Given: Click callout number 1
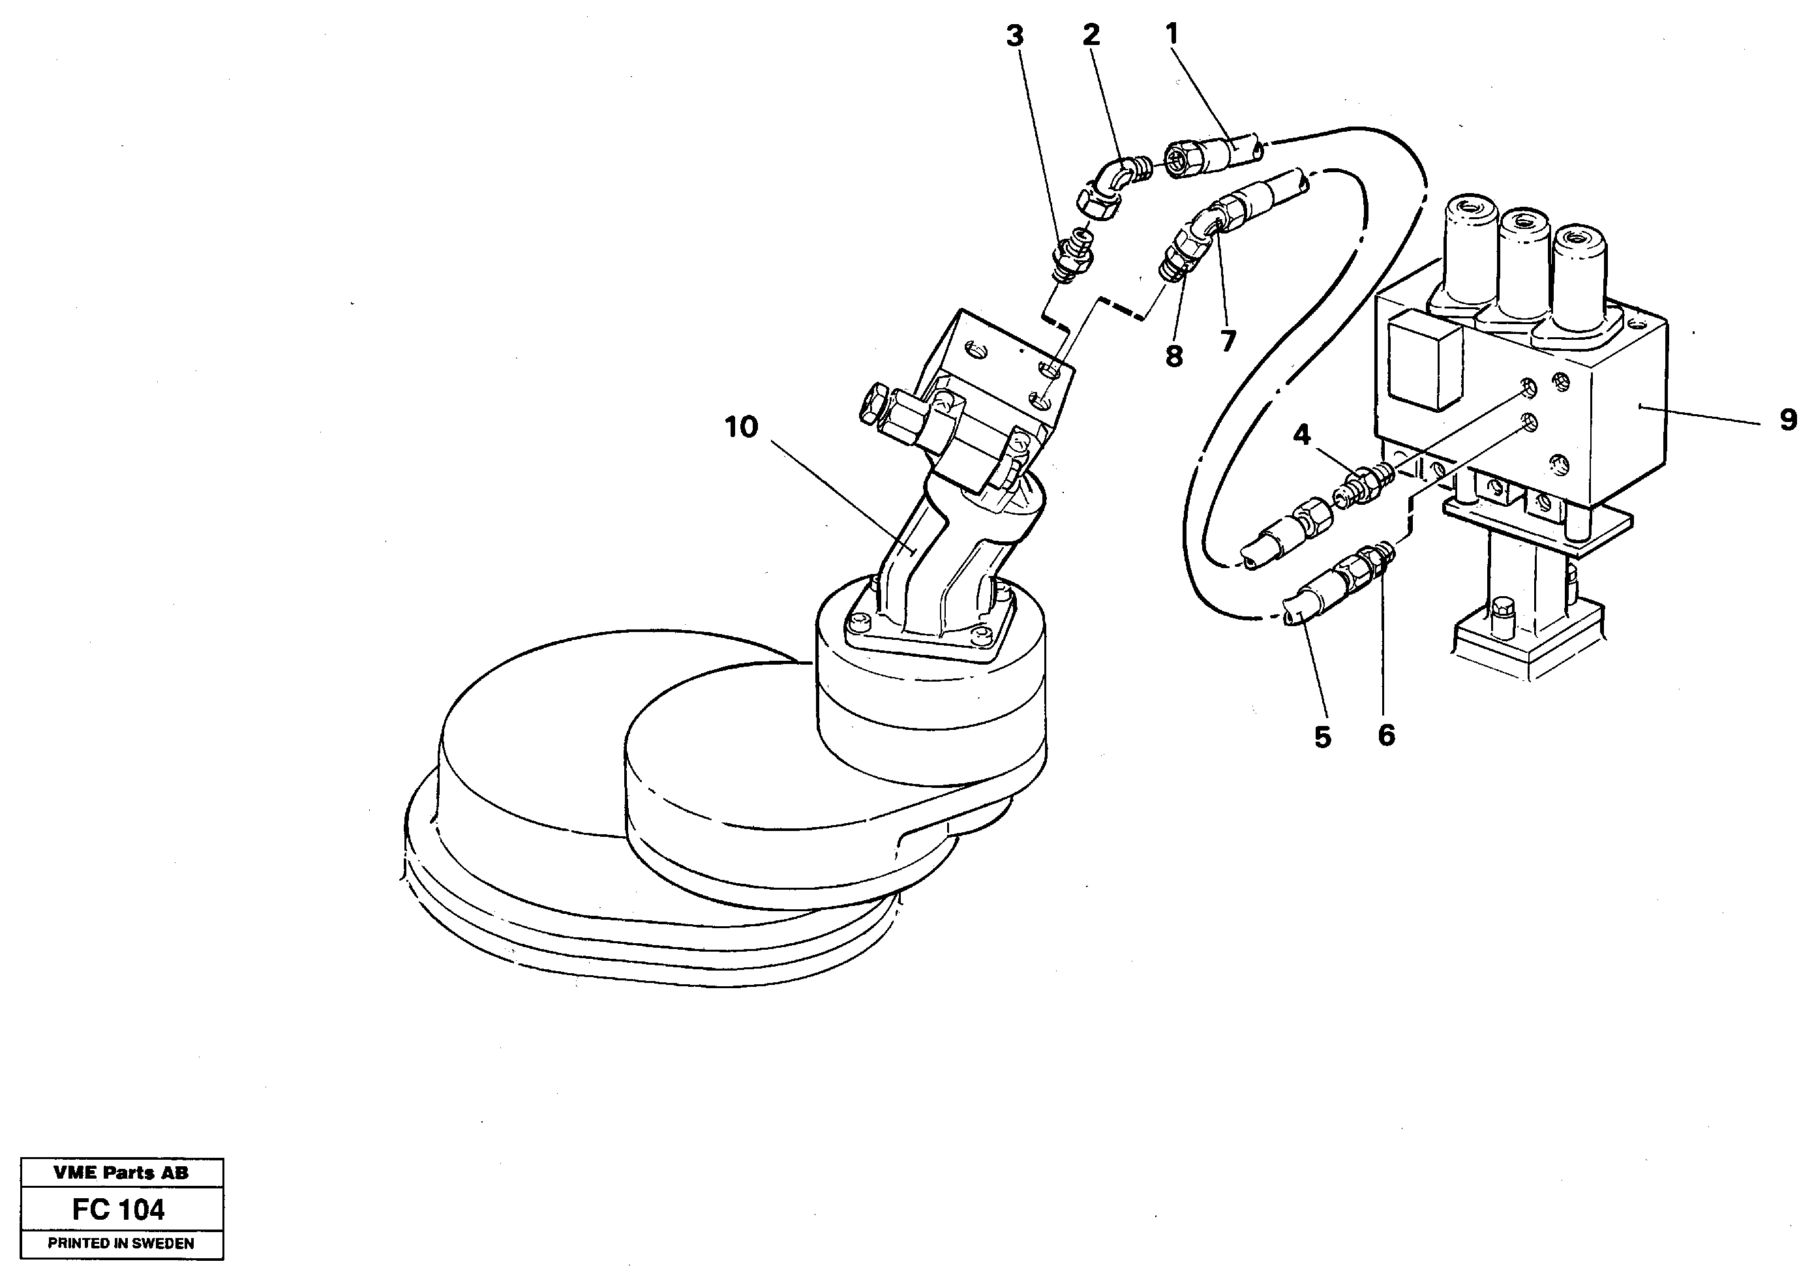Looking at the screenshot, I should coord(1171,34).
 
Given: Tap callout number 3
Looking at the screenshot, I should coord(1015,37).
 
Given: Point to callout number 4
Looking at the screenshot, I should coord(1301,434).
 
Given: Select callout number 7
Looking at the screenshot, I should coord(1227,341).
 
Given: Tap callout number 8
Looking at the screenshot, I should coord(1174,357).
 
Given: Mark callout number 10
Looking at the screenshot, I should coord(741,427).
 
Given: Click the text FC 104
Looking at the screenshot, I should coord(119,1209).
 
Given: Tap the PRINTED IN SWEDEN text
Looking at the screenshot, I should coord(121,1243).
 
